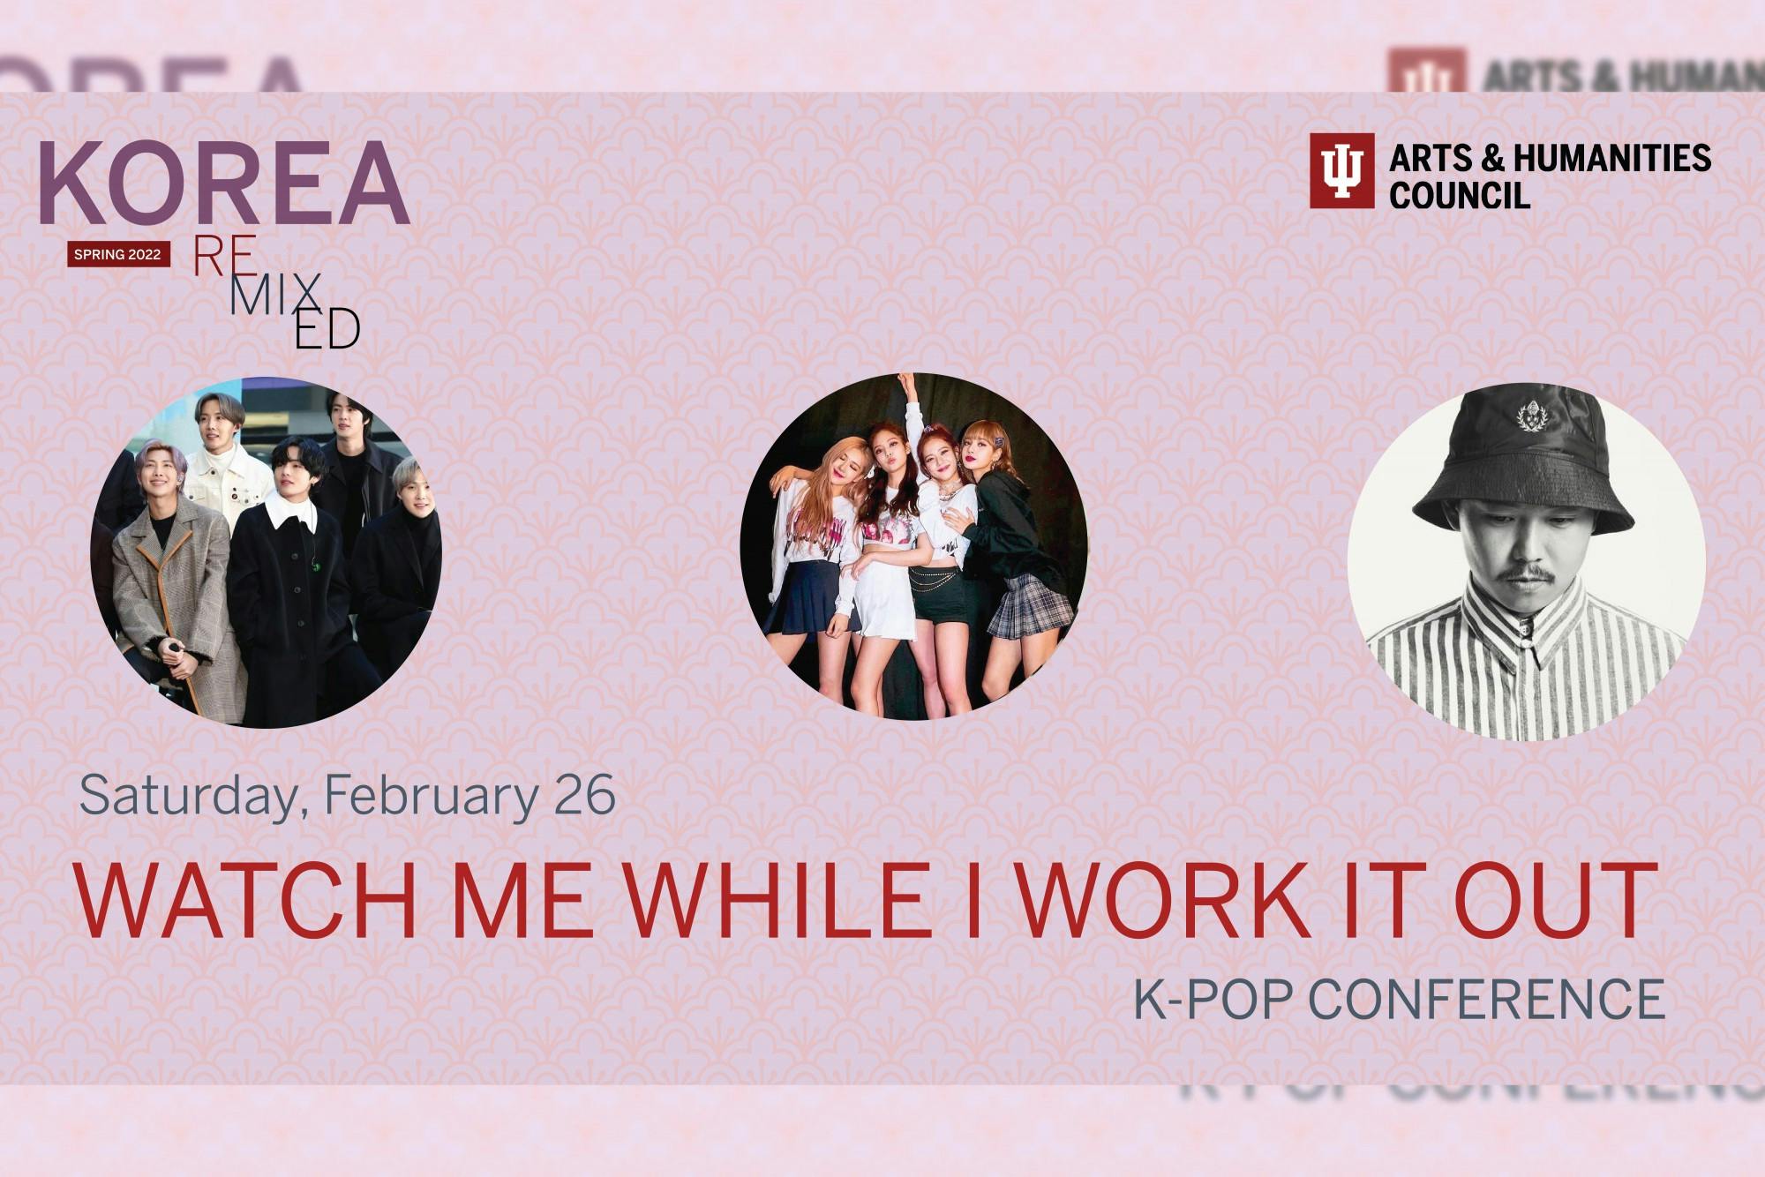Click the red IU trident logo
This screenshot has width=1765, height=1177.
pyautogui.click(x=1341, y=170)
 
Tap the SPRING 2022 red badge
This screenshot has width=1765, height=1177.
pyautogui.click(x=118, y=254)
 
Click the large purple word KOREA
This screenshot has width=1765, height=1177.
pyautogui.click(x=224, y=183)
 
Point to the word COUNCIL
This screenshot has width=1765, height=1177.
pyautogui.click(x=1460, y=195)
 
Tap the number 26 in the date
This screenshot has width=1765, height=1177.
pyautogui.click(x=584, y=796)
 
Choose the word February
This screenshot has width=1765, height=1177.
pyautogui.click(x=431, y=796)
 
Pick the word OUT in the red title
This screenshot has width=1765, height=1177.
pyautogui.click(x=1551, y=900)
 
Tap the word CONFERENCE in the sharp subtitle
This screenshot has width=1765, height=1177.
pyautogui.click(x=1485, y=998)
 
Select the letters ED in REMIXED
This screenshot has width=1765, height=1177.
pyautogui.click(x=327, y=329)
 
